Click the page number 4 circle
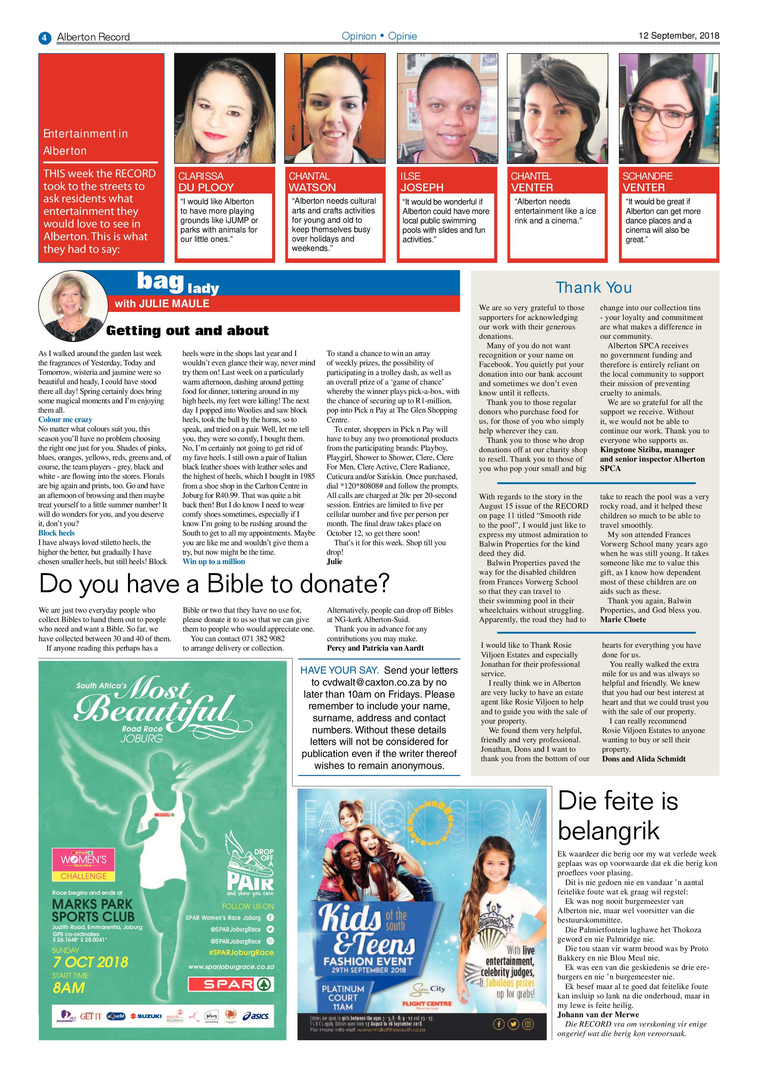[44, 37]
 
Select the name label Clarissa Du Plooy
[206, 182]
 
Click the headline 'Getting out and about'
[187, 331]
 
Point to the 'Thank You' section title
[594, 288]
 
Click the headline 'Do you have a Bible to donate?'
[214, 583]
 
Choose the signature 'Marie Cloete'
[623, 619]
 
